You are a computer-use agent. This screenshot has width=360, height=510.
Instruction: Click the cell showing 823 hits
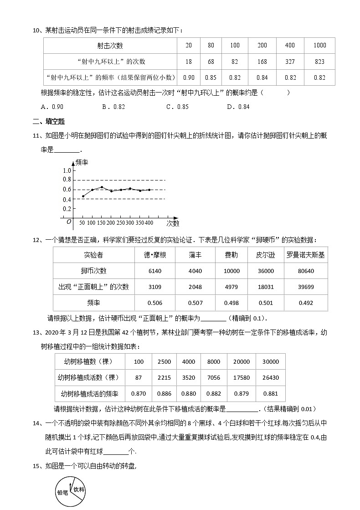coord(319,62)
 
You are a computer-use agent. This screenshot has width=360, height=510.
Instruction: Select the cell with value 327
coord(290,62)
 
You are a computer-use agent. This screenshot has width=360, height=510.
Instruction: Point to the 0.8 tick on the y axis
coord(67,180)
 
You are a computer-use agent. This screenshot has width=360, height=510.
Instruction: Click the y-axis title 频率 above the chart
coord(82,162)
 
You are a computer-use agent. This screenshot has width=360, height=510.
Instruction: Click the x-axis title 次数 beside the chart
coord(173,223)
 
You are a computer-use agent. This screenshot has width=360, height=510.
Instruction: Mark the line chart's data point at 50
coord(82,196)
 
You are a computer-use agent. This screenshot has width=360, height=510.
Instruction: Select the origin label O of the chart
coord(68,222)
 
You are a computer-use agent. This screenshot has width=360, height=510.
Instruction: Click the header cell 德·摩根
coord(155,255)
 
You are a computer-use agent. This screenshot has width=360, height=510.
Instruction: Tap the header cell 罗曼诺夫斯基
coord(305,255)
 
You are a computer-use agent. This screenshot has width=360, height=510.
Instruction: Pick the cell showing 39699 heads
coord(305,287)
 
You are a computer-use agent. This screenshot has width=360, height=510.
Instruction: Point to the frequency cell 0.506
coord(155,303)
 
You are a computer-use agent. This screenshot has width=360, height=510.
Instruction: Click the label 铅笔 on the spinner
coord(62,493)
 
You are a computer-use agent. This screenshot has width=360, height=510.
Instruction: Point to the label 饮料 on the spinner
coord(80,489)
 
